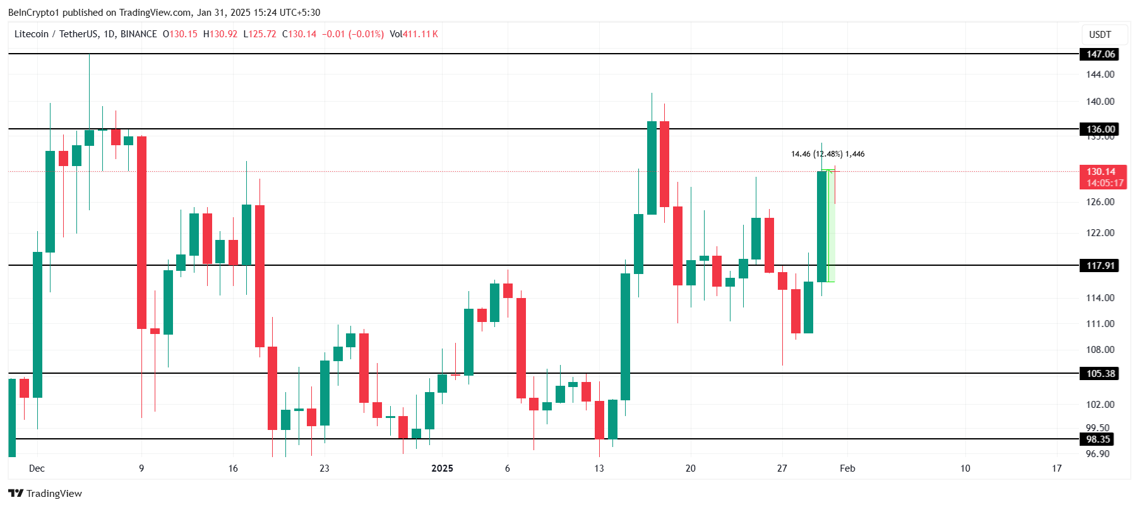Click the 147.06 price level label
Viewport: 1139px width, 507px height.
coord(1100,54)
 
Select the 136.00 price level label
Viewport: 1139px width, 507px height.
coord(1100,129)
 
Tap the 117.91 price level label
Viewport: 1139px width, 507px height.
coord(1100,266)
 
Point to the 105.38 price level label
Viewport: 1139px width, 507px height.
coord(1100,374)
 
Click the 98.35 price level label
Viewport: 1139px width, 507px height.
coord(1098,439)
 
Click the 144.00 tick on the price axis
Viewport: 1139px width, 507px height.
coord(1100,75)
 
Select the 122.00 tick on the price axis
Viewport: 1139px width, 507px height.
coord(1100,233)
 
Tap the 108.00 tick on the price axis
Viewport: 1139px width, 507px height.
coord(1100,350)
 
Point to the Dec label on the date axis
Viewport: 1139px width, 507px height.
coord(37,468)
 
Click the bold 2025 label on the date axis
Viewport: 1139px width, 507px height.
coord(442,468)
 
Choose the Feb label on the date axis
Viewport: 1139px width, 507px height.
coord(847,468)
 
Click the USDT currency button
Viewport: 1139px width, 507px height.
coord(1100,35)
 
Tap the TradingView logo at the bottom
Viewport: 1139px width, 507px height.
coord(45,494)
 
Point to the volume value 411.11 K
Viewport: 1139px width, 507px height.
coord(420,34)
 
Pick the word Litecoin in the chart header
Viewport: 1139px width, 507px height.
coord(32,34)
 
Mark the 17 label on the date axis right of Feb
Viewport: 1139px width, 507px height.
coord(1057,468)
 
